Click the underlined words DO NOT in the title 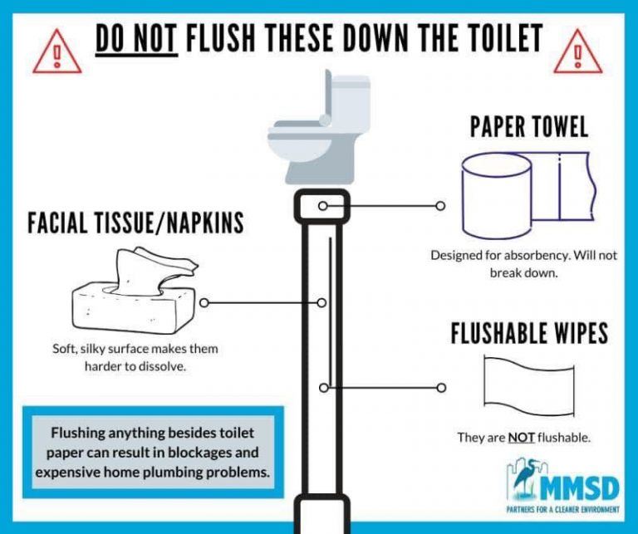click(x=136, y=38)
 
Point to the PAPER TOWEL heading click(x=529, y=126)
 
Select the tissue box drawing click(x=135, y=298)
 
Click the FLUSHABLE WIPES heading click(x=529, y=334)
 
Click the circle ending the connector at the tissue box click(x=203, y=303)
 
